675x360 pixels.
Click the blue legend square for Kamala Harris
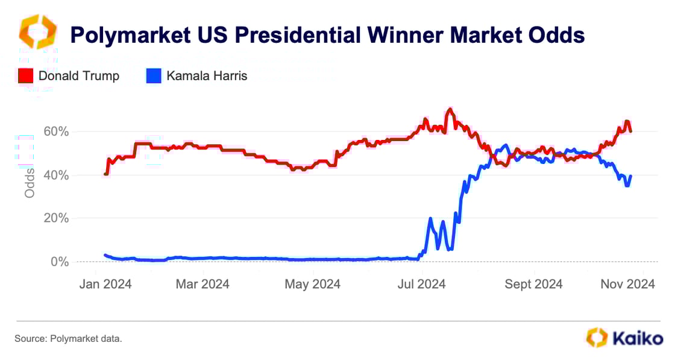(153, 76)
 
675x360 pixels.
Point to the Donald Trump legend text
(79, 76)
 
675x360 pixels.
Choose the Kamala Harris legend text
(207, 76)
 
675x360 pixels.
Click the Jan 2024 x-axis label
(106, 283)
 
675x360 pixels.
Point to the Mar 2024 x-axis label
(202, 283)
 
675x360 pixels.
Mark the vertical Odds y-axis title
(30, 183)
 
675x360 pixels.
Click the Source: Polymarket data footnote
(68, 339)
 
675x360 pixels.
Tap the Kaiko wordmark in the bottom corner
(638, 338)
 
